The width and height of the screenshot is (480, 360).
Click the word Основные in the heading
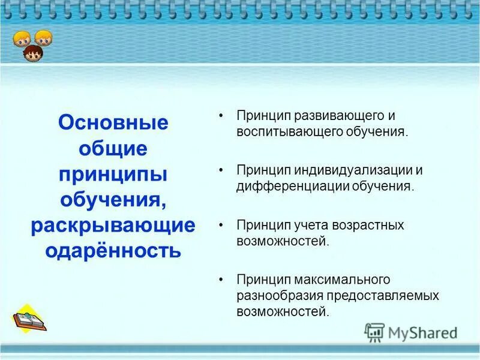tap(113, 123)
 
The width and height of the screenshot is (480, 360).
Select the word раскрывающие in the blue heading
tap(113, 226)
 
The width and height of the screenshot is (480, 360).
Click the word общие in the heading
tap(113, 148)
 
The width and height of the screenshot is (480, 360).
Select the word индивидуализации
tap(350, 170)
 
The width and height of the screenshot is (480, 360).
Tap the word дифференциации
tap(293, 185)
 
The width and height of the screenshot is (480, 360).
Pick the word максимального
tap(341, 280)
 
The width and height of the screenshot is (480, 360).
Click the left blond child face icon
tap(22, 39)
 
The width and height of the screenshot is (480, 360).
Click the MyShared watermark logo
tap(411, 332)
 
